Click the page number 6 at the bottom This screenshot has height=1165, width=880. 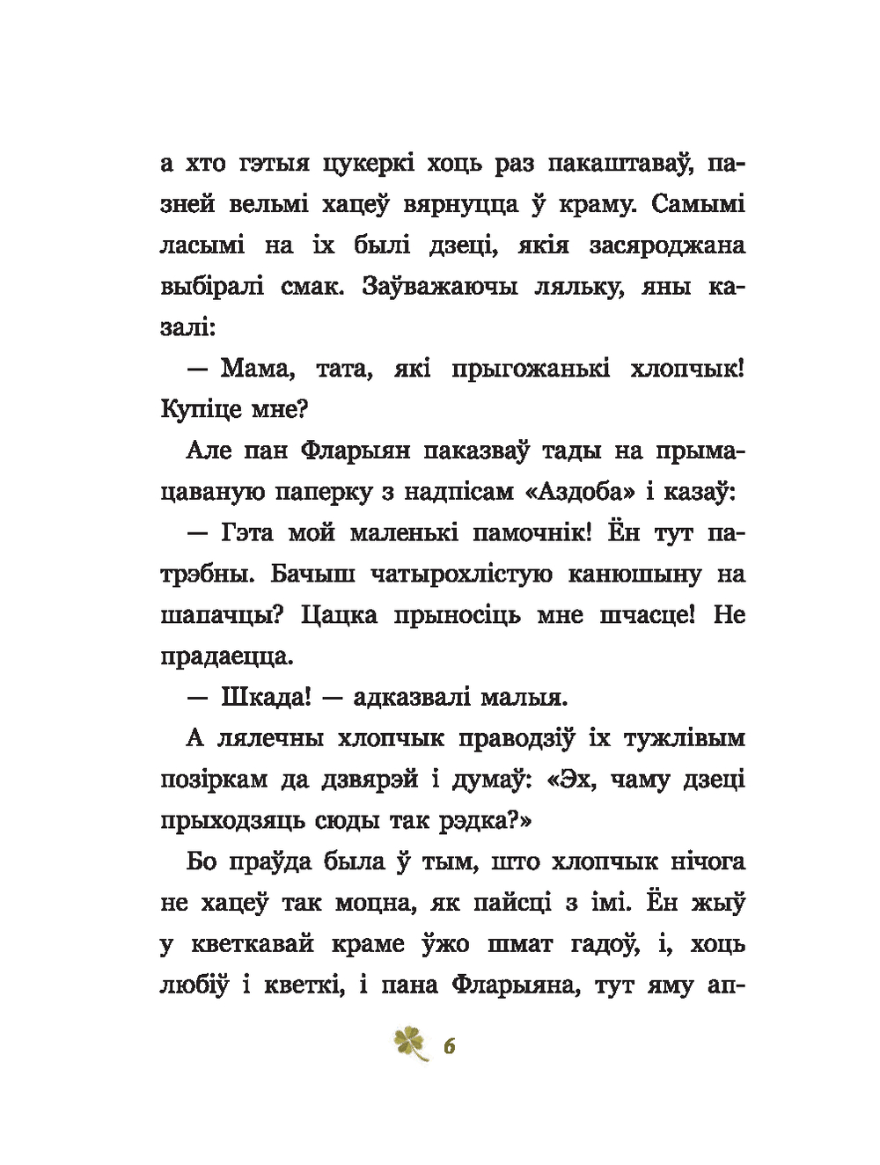click(x=449, y=1047)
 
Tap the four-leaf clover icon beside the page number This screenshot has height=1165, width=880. click(x=410, y=1044)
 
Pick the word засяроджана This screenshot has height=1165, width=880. click(x=671, y=245)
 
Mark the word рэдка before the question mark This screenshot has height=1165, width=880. click(x=475, y=820)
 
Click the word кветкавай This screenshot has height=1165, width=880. click(x=251, y=943)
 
